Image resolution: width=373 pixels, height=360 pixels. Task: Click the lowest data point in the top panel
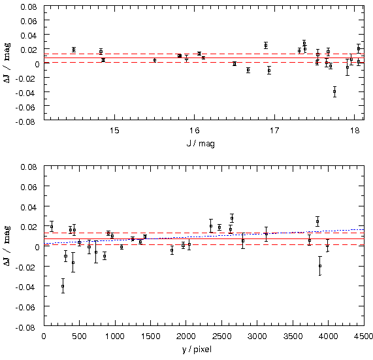(334, 91)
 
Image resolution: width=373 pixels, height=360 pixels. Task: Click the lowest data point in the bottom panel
(63, 286)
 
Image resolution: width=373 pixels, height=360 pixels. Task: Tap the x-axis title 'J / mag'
(201, 144)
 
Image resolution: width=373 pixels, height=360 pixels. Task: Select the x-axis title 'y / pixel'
(197, 350)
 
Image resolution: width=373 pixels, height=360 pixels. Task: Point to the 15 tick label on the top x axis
(114, 131)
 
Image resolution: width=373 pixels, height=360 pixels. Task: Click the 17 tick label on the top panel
(274, 131)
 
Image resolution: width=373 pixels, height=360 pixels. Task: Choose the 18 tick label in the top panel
(355, 131)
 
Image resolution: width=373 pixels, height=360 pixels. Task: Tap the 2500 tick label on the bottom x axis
(221, 336)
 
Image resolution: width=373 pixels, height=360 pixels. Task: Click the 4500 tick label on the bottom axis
(363, 336)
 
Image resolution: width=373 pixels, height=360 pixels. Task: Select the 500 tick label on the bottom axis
(79, 336)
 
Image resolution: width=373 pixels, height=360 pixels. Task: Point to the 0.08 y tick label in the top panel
(29, 7)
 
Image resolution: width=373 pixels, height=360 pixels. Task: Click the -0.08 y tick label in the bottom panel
(26, 327)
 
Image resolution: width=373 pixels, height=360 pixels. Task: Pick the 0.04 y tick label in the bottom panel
(29, 207)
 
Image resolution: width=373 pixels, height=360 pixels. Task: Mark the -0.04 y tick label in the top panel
(26, 93)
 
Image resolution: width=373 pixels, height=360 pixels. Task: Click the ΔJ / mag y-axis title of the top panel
(7, 63)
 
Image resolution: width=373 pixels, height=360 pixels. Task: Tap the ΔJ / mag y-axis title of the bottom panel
(7, 246)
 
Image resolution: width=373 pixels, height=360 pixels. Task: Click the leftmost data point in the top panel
(74, 50)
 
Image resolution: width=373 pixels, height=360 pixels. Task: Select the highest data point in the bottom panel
(232, 218)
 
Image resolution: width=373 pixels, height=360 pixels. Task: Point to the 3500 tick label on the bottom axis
(293, 336)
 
